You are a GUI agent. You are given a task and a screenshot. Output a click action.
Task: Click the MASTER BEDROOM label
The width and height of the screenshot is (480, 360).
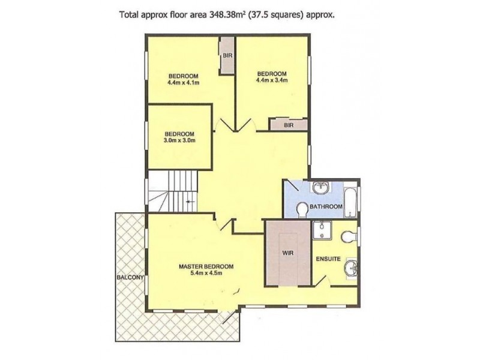point(205,266)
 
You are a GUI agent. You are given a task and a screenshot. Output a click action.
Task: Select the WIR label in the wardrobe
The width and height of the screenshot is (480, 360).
point(287,253)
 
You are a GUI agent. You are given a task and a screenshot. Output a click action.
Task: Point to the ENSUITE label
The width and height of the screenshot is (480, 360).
point(329,259)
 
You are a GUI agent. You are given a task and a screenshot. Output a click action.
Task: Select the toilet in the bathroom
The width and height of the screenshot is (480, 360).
point(302,208)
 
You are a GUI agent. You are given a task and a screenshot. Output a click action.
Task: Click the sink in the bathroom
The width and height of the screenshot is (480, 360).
point(320,188)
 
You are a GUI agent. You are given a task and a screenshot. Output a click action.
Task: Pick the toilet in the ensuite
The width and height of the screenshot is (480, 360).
point(347,238)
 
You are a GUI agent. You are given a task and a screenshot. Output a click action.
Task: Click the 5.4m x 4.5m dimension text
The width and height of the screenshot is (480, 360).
point(205,274)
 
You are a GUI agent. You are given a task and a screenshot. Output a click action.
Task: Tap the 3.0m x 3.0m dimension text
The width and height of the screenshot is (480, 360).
point(180,141)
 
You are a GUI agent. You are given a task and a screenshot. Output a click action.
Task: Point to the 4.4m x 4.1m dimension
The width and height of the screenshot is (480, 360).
point(183,83)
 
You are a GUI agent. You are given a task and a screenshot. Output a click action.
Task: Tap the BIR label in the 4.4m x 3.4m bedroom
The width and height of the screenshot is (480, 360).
point(289,125)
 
